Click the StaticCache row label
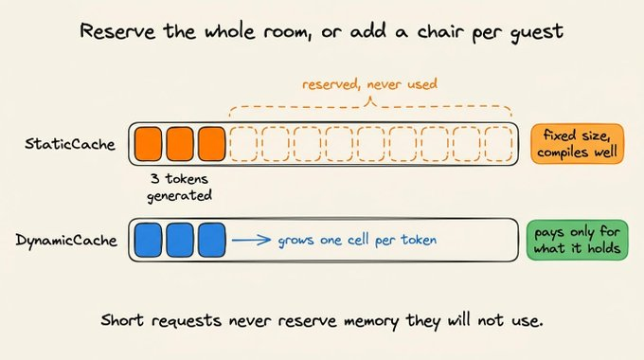point(70,144)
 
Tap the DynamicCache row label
point(66,240)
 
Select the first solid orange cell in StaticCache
point(149,144)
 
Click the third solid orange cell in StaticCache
point(212,144)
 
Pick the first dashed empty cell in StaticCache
point(243,144)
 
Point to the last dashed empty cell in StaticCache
point(498,144)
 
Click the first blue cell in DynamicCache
point(149,240)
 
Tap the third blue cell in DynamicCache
point(212,240)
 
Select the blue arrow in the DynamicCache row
point(251,240)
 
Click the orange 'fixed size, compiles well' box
point(577,144)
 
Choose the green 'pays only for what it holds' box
point(577,240)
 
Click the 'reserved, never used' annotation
point(370,84)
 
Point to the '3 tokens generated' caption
point(180,188)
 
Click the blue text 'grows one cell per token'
point(357,240)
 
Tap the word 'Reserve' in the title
point(117,31)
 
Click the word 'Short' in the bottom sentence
point(122,319)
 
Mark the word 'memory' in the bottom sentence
point(371,321)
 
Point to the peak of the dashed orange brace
point(370,98)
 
